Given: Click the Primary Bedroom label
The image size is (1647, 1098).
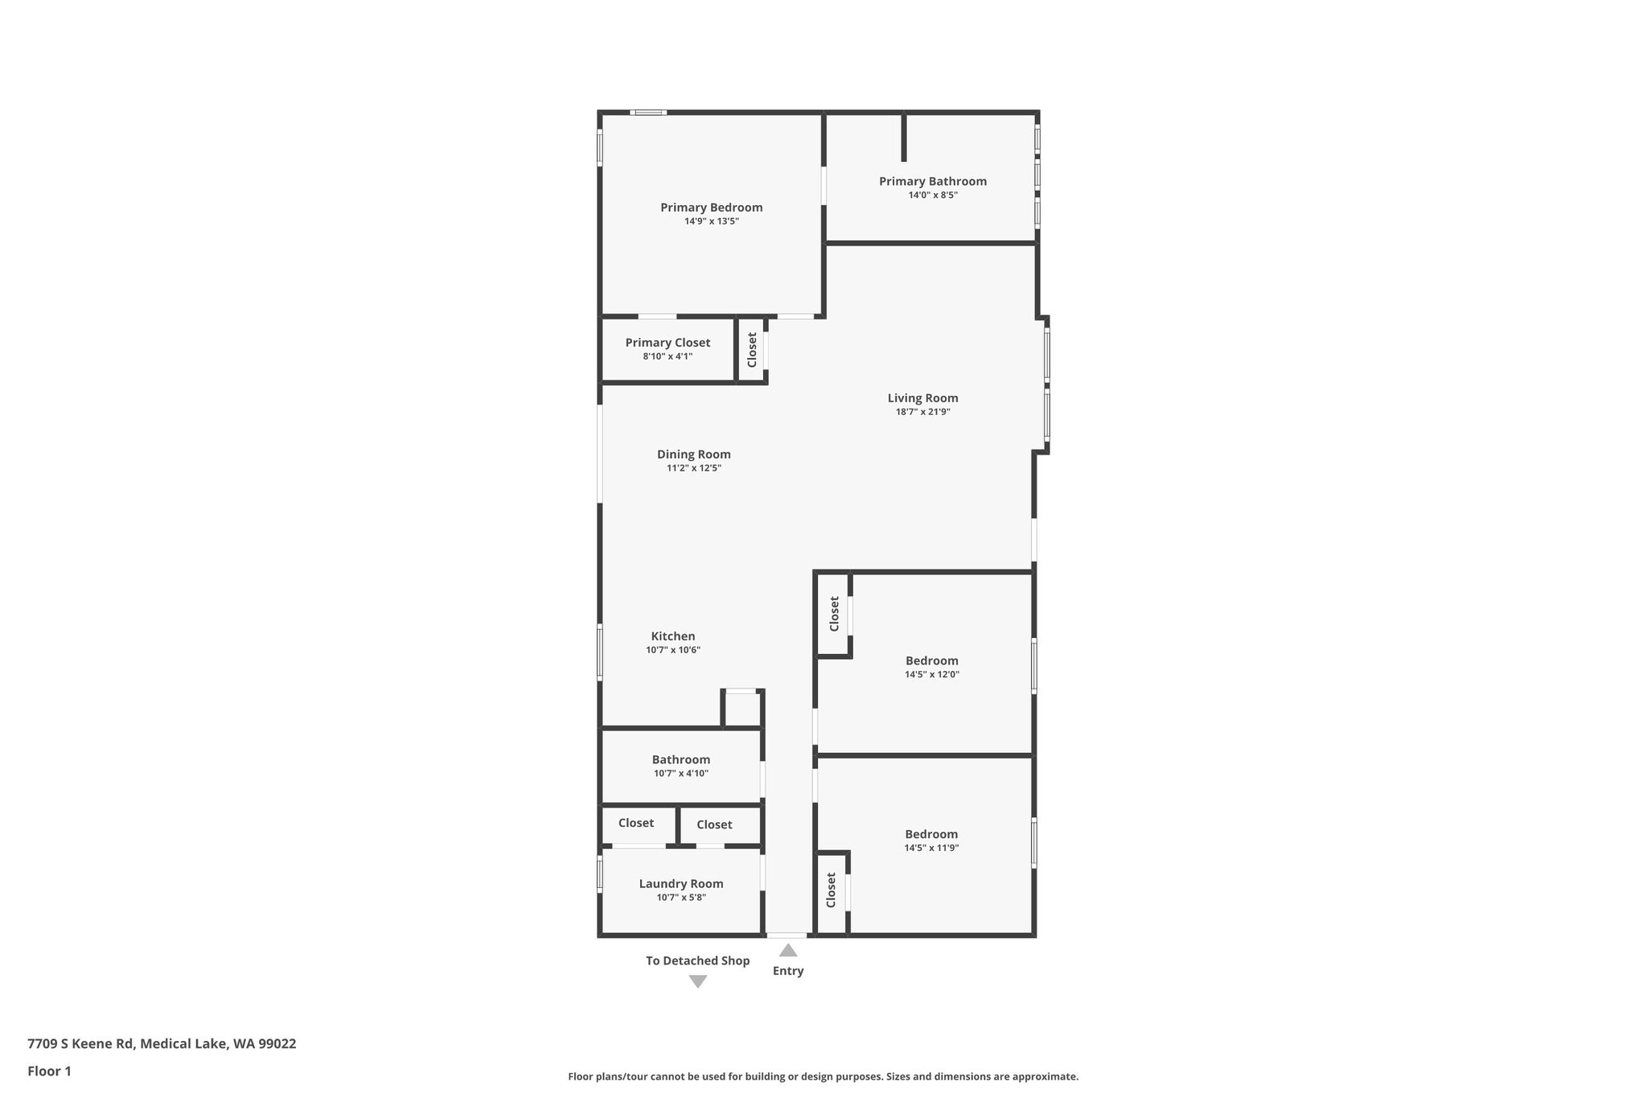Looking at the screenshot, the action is (x=712, y=208).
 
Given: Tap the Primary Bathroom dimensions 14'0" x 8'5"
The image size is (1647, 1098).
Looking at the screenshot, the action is (x=933, y=195).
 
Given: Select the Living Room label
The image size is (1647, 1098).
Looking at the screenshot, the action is (x=923, y=398).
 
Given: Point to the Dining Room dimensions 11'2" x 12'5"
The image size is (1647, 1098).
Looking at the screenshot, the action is (x=694, y=468).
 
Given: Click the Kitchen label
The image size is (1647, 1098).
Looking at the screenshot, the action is (x=673, y=636).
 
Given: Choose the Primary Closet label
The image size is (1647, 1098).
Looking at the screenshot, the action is (x=668, y=343).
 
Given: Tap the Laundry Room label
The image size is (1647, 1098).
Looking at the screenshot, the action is (x=681, y=884).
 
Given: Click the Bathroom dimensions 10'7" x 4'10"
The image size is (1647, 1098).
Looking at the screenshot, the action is (x=681, y=774).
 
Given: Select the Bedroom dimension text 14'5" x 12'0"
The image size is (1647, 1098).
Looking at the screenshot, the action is (x=932, y=675).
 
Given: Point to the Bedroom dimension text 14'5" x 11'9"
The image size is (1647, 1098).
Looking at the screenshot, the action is (x=932, y=848).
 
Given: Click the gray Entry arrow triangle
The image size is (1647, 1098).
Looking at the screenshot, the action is (x=788, y=950).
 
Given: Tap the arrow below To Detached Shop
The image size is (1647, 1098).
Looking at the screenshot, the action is (x=698, y=981).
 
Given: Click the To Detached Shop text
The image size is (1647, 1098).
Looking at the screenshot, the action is (x=698, y=960).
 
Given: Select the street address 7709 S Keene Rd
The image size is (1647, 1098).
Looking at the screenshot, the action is (x=80, y=1044).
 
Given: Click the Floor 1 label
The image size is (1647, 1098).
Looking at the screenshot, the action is (x=49, y=1071).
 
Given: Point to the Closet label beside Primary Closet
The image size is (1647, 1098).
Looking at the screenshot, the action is (x=752, y=350).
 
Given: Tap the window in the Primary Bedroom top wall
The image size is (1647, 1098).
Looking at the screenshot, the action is (x=648, y=113).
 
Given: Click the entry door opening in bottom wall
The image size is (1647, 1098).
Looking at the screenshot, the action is (x=787, y=936).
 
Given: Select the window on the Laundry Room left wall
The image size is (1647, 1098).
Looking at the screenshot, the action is (x=600, y=874).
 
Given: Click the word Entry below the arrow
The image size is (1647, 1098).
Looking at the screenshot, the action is (x=788, y=971).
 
